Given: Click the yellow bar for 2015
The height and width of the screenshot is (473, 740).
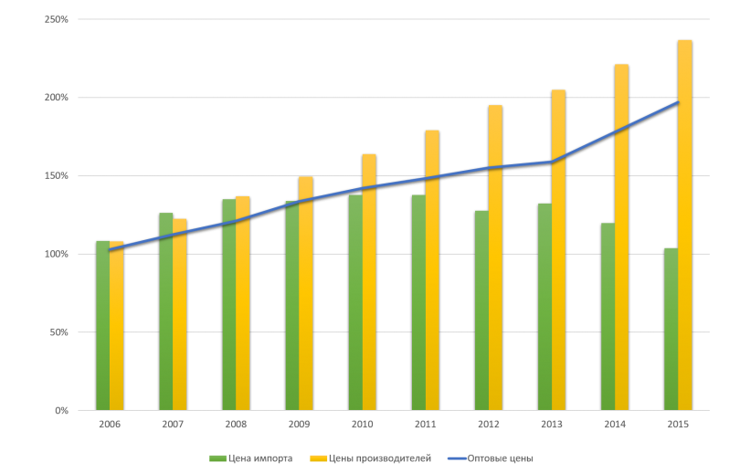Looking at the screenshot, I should tap(685, 224).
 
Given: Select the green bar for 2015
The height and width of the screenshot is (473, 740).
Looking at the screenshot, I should tap(671, 329).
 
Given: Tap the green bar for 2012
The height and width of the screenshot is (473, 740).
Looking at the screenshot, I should tap(481, 310).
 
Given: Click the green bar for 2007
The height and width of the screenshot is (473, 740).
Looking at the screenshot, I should tap(165, 311).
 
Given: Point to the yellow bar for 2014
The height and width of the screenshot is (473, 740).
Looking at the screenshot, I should tap(621, 236).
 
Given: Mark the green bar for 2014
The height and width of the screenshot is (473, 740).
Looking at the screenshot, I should tap(608, 316).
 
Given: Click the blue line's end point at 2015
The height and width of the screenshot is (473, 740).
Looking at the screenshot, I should tap(678, 101).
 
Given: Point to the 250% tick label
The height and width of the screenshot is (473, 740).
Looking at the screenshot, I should tap(57, 19).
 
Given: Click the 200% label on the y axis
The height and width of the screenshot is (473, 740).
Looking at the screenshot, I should tap(57, 98).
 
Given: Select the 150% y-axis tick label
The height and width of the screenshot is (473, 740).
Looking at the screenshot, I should tap(57, 175).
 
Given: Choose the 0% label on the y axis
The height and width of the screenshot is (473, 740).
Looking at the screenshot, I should tap(61, 411).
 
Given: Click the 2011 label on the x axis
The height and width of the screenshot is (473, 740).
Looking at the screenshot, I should tap(425, 425).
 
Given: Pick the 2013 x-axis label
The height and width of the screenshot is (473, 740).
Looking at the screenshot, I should tap(551, 425).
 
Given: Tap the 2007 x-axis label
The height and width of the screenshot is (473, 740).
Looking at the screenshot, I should tap(172, 425).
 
